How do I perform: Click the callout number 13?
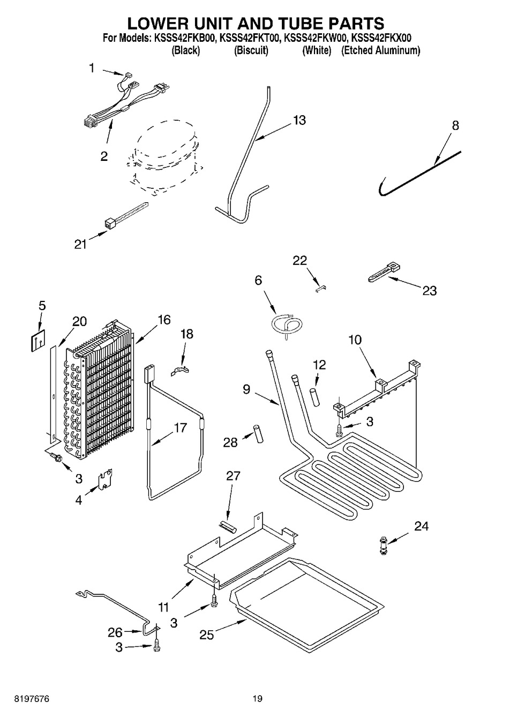point(299,120)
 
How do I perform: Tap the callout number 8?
point(455,126)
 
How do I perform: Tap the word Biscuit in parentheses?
point(251,51)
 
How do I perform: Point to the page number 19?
point(258,698)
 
